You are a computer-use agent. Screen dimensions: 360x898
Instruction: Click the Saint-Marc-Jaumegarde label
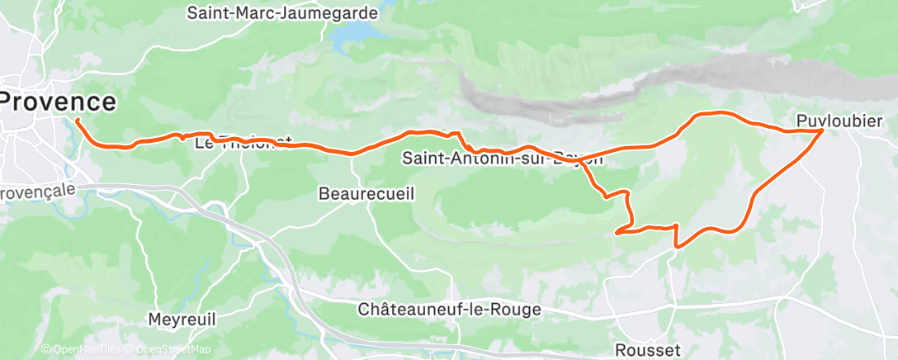coord(282,14)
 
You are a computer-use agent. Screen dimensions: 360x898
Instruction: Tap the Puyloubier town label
coord(841,121)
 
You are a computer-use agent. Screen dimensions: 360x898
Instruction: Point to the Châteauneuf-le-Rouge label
coord(450,310)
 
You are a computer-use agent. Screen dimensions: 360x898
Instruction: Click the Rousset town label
coord(648,350)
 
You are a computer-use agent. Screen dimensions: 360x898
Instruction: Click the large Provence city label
coord(58,102)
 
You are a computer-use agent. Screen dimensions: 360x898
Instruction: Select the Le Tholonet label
coord(243,143)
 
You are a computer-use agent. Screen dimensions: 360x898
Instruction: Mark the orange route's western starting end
coord(77,121)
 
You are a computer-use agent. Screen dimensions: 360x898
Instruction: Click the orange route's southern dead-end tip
coord(617,233)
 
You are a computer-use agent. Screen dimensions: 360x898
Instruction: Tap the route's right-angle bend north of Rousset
coord(677,245)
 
